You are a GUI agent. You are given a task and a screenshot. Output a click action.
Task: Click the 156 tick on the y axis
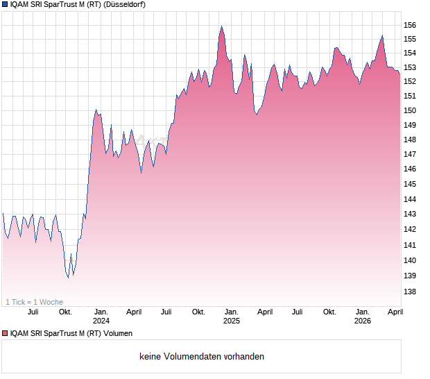coord(411,25)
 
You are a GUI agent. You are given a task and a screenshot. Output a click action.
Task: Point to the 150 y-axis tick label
coord(411,110)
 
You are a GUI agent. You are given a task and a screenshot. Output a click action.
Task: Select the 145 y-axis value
coord(411,184)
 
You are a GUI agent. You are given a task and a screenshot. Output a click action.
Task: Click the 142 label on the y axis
coord(411,229)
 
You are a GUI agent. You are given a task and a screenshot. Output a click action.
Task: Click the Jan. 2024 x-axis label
coord(101,317)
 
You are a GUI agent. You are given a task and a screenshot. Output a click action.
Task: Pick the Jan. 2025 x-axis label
coord(232,317)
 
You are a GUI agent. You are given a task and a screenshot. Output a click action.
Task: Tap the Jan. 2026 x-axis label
coord(362,317)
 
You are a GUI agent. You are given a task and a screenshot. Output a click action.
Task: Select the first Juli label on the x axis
coord(33,312)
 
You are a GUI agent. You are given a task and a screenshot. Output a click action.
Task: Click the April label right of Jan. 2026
coord(394,312)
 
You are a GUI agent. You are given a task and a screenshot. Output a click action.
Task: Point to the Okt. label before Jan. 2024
coord(65,312)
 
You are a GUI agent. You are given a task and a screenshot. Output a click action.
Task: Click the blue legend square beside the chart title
coord(5,5)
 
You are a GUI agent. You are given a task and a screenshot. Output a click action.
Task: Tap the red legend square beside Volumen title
coord(5,334)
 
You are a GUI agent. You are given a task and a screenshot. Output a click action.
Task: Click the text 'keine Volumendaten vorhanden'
coord(202,357)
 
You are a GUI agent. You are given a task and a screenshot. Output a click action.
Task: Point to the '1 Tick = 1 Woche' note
coord(35,302)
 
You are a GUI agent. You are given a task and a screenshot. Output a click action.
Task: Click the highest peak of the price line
coord(221,26)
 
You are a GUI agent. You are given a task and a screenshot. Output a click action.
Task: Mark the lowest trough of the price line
coord(68,278)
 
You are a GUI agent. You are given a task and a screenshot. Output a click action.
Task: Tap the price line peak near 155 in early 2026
coord(381,35)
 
